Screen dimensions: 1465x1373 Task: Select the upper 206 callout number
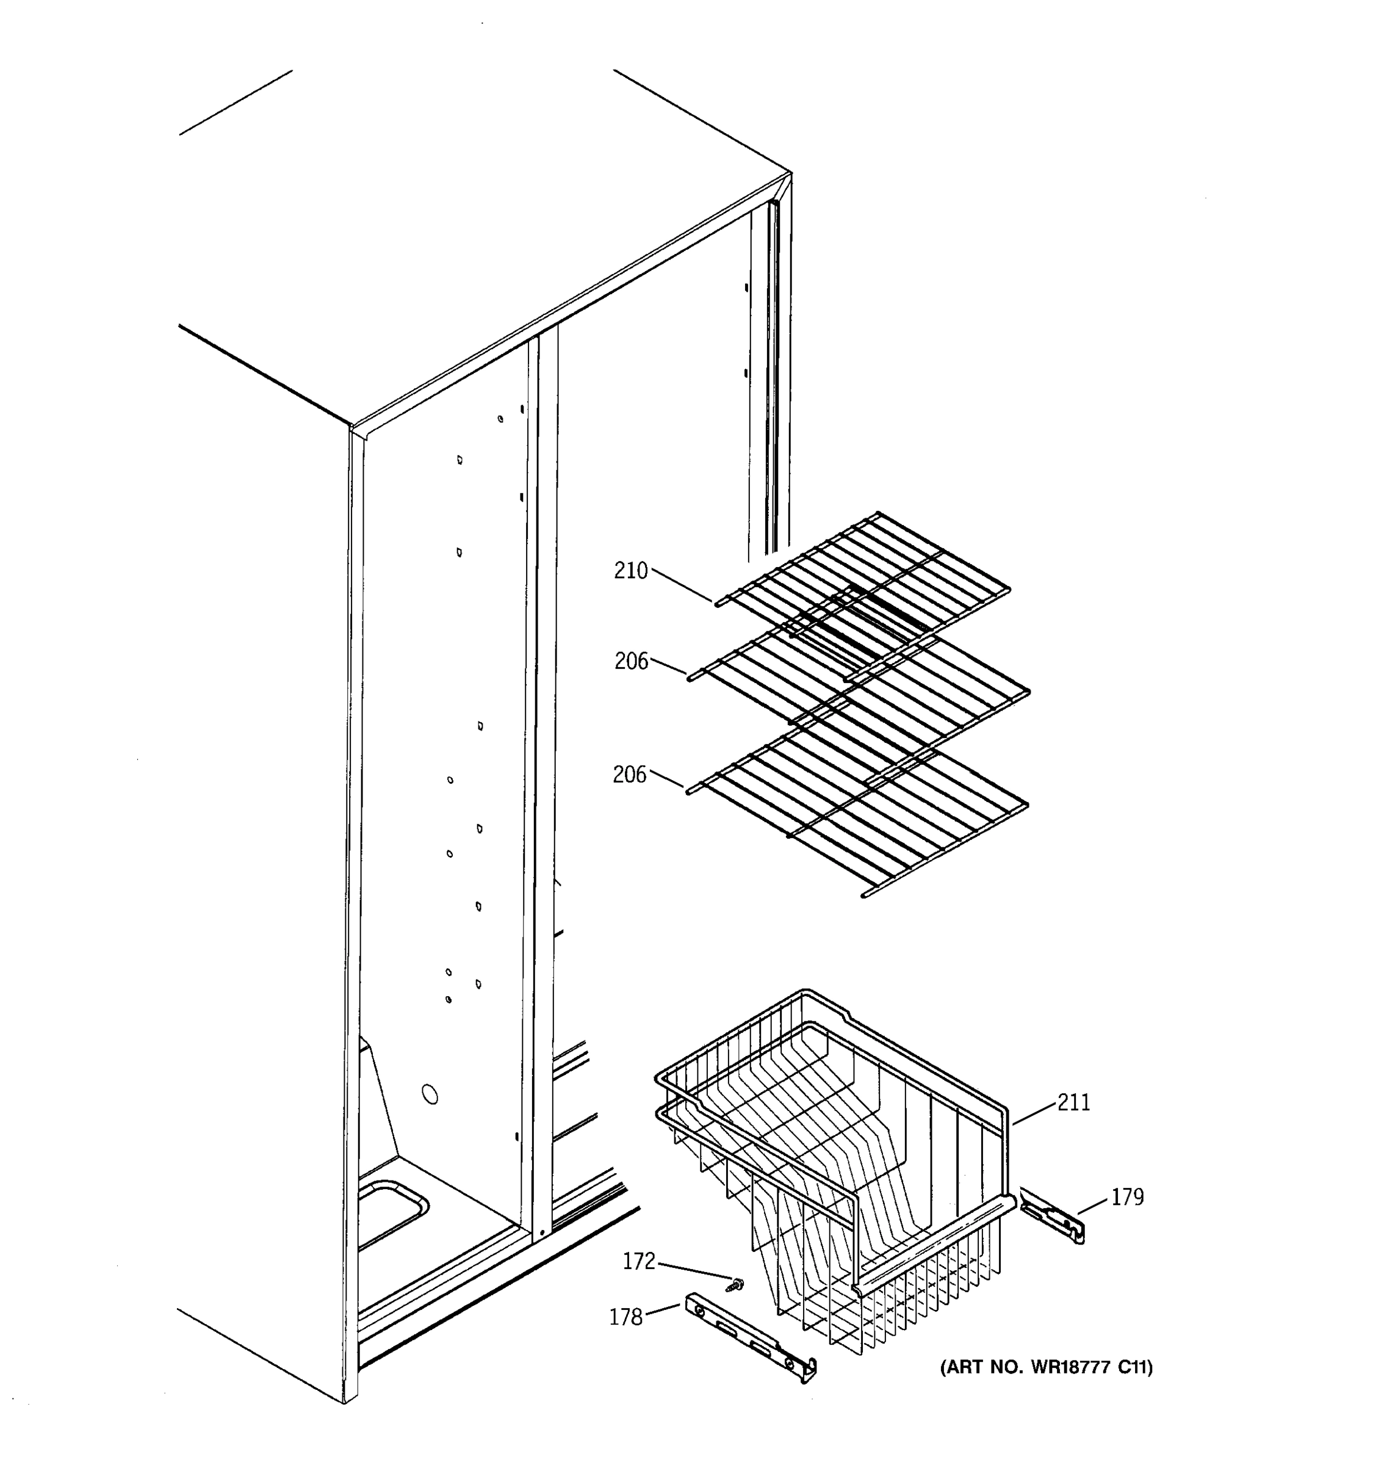(631, 661)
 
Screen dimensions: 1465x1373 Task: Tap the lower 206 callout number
(629, 775)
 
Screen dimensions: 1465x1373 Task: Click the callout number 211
(1073, 1102)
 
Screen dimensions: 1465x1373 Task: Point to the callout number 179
(1127, 1198)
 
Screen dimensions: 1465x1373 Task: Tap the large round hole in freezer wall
(430, 1094)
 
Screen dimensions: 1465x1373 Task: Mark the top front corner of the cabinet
(351, 428)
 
